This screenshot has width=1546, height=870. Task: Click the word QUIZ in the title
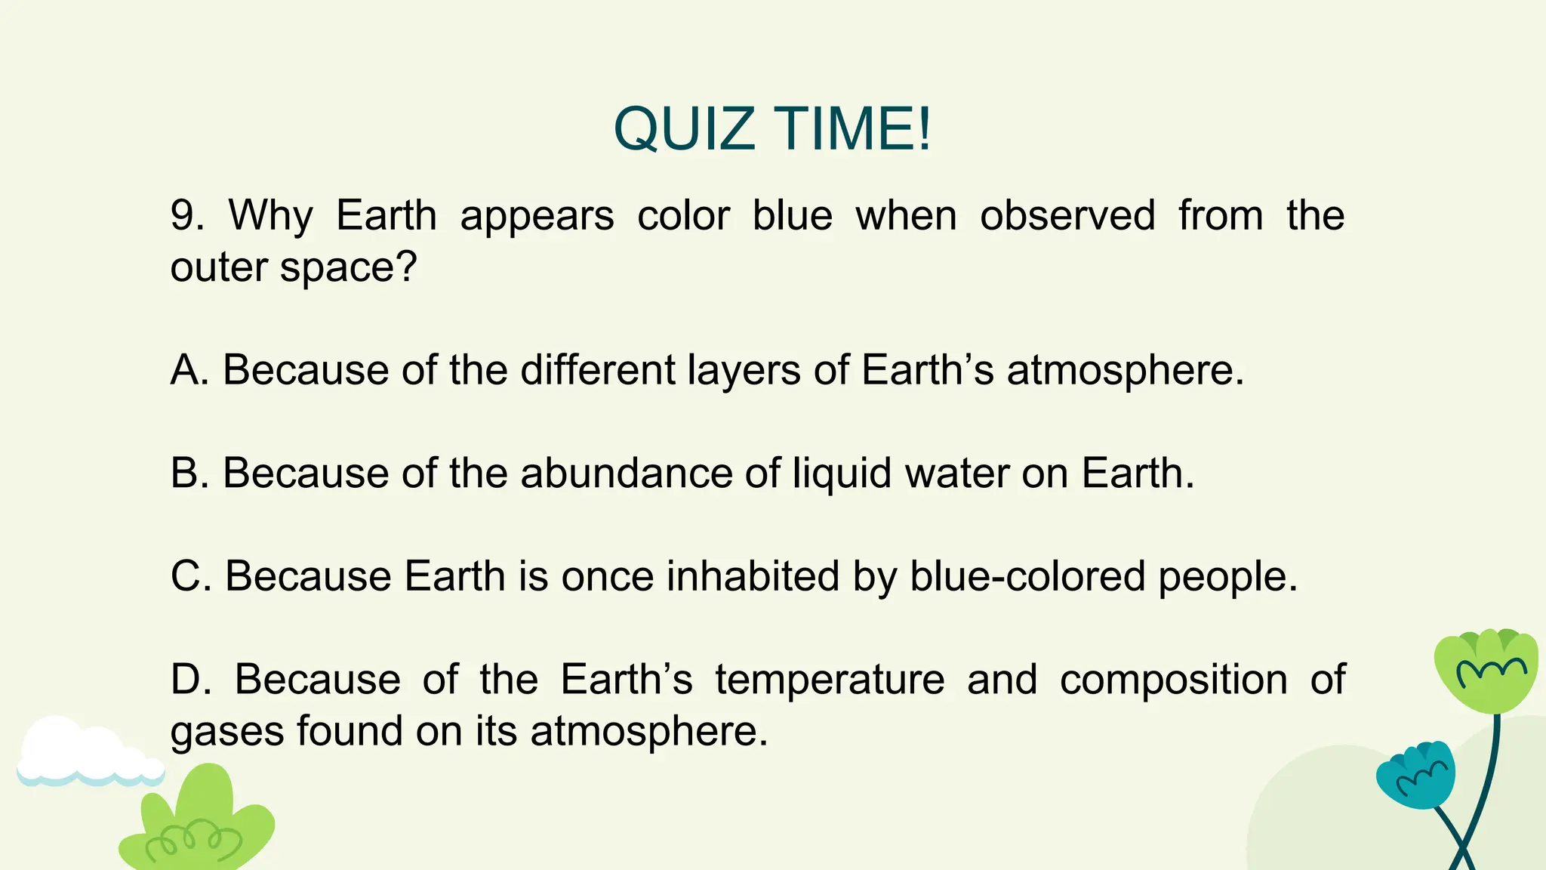tap(684, 129)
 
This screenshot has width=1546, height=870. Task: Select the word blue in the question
tap(792, 215)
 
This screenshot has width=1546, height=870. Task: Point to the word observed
tap(1067, 215)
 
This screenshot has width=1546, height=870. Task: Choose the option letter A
tap(189, 370)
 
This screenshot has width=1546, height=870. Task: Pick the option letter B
tap(189, 474)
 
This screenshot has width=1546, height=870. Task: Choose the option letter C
tap(189, 576)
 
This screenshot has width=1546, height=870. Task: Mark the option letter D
tap(189, 679)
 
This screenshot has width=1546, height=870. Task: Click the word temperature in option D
tap(830, 680)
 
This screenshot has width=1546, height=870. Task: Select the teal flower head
tap(1415, 775)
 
